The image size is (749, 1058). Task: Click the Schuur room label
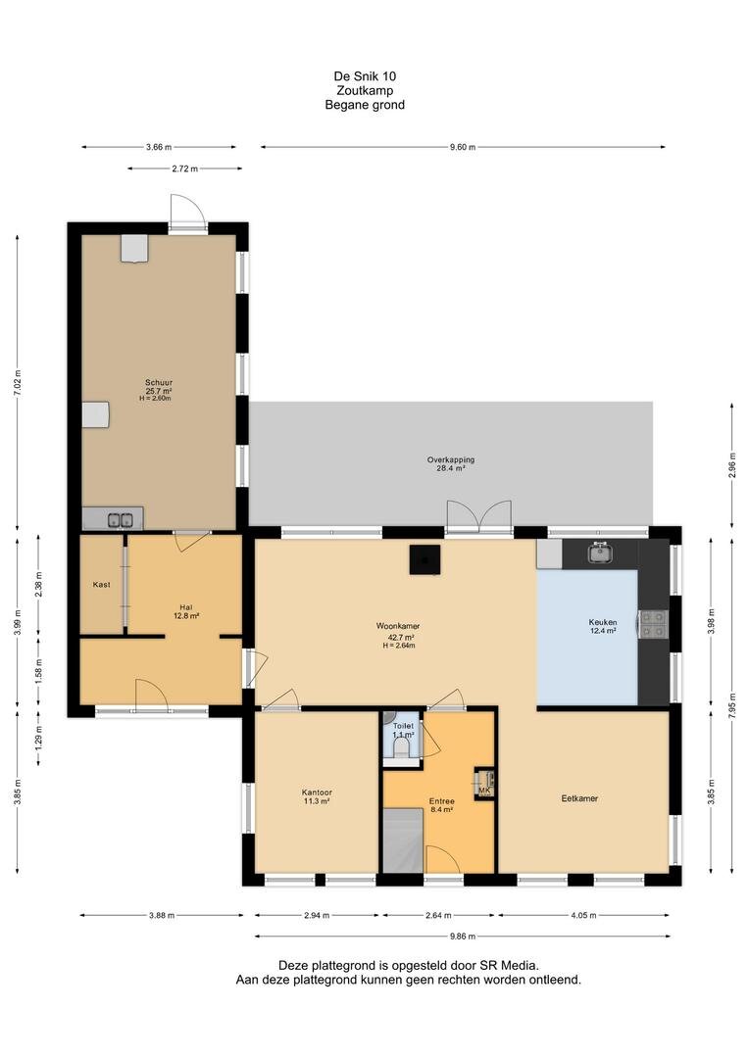(x=159, y=383)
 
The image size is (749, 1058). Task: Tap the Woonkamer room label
(x=398, y=626)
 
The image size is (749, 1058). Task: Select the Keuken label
(x=603, y=623)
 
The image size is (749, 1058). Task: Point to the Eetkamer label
(x=579, y=798)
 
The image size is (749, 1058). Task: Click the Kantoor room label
(x=317, y=793)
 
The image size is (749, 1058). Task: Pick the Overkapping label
(x=451, y=459)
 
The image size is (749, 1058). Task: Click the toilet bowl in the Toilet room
(x=402, y=746)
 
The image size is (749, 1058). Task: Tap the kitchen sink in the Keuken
(x=599, y=553)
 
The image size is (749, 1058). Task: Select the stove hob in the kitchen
(x=653, y=624)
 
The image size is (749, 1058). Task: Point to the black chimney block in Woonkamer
(x=424, y=559)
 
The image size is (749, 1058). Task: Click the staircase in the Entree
(x=403, y=842)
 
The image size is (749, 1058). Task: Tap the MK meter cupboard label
(x=484, y=791)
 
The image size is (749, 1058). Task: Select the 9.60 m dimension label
(x=463, y=147)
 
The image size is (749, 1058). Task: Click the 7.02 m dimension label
(x=18, y=383)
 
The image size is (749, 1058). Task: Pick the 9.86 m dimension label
(x=463, y=936)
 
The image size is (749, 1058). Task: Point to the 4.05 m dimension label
(x=583, y=916)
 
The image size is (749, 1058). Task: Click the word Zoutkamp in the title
(x=365, y=90)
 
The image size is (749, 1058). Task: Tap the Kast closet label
(x=101, y=585)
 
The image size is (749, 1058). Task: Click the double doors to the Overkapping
(x=479, y=516)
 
